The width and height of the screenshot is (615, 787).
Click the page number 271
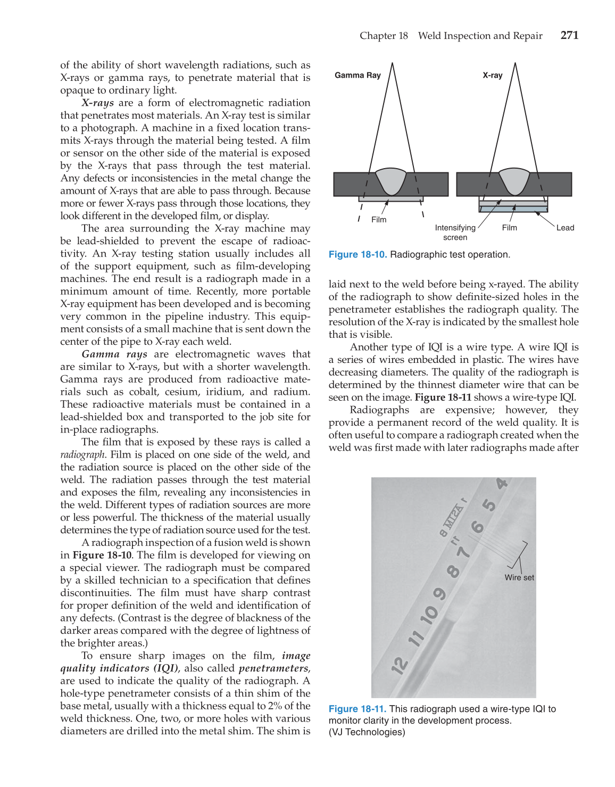click(x=569, y=35)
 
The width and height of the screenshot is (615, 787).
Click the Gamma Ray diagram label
click(x=358, y=75)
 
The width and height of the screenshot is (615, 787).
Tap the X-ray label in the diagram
click(x=492, y=75)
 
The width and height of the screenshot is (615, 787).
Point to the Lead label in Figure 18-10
click(x=565, y=228)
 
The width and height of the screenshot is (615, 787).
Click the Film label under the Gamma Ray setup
click(x=379, y=220)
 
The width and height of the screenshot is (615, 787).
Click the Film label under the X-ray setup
click(x=509, y=228)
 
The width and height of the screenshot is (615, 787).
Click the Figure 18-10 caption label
click(x=358, y=254)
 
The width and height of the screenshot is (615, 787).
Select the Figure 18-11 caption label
click(x=358, y=709)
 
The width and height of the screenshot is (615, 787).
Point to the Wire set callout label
click(x=519, y=577)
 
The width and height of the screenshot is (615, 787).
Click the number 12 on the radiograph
click(x=400, y=665)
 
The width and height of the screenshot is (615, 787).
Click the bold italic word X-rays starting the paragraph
click(x=97, y=103)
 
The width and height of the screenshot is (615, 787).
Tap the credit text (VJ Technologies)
click(x=367, y=732)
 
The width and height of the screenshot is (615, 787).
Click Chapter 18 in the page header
click(x=384, y=36)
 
